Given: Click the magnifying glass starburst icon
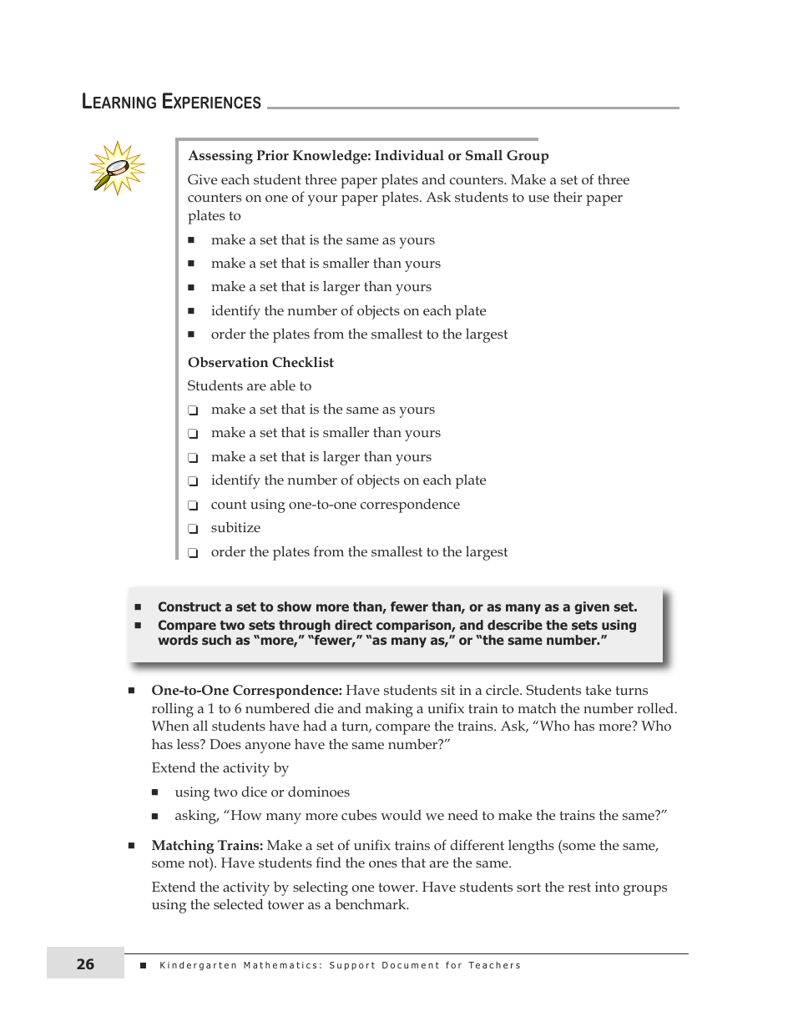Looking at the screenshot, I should click(x=117, y=168).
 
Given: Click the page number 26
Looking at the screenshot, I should click(x=85, y=964).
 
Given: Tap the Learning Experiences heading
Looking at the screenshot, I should click(x=172, y=103).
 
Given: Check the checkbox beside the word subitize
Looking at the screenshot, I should click(x=193, y=529).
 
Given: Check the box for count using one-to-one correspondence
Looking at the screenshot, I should click(x=193, y=505).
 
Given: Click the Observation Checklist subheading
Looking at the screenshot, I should click(x=260, y=362).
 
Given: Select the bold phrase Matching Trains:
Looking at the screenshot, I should click(x=207, y=845).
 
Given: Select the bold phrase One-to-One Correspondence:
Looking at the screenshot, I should click(x=246, y=691).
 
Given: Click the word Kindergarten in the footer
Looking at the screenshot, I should click(x=197, y=965).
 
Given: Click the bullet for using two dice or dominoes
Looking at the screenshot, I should click(x=155, y=792).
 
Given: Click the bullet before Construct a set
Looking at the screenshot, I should click(x=139, y=607).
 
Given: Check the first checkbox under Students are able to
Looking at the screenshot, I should click(x=193, y=410).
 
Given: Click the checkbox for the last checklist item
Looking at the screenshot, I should click(x=193, y=553).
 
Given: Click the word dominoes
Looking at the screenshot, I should click(x=321, y=792).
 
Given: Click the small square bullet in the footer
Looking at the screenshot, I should click(x=143, y=965).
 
